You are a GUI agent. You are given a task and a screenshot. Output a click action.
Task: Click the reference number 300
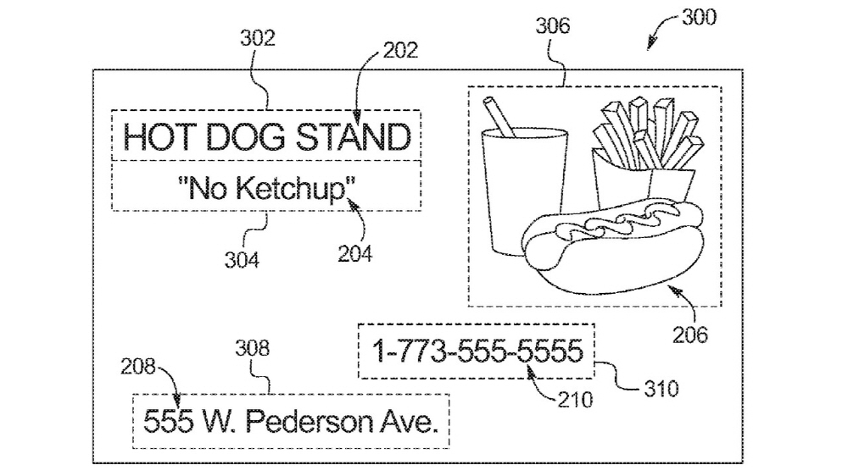[x=699, y=17]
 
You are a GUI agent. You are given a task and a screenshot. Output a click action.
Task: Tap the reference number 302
[x=258, y=38]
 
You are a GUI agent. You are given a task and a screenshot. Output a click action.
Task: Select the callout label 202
[x=401, y=50]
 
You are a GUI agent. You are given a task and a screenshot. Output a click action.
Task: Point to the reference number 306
[x=553, y=25]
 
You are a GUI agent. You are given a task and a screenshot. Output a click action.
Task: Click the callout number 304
[x=242, y=260]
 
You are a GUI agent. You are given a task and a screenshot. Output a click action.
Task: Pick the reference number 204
[x=354, y=253]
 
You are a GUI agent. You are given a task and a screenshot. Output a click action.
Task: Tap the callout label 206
[x=690, y=335]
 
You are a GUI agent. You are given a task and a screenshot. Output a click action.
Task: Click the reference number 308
[x=252, y=348]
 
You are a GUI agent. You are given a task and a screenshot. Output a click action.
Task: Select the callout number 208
[x=138, y=367]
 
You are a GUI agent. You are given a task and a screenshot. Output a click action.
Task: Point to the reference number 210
[x=576, y=400]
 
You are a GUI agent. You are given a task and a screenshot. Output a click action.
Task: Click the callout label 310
[x=661, y=389]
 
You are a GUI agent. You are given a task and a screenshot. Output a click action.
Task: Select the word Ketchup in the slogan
[x=292, y=189]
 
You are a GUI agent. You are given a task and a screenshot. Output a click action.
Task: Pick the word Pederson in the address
[x=308, y=422]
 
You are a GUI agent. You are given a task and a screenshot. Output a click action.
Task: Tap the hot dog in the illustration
[x=613, y=246]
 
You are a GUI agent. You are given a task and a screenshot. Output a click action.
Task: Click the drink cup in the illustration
[x=524, y=191]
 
